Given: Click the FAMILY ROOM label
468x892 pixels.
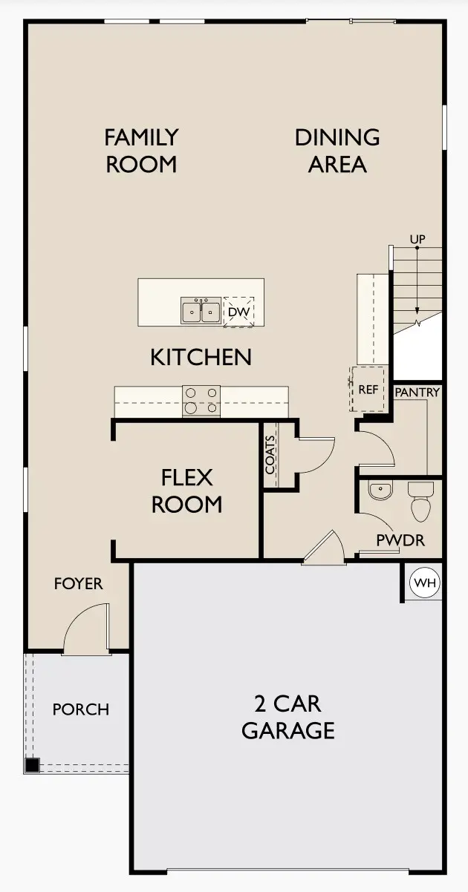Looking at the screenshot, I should pyautogui.click(x=141, y=150).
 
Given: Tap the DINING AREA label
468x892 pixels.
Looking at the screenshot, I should pyautogui.click(x=337, y=150).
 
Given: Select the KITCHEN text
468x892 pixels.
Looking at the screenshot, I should pyautogui.click(x=201, y=357).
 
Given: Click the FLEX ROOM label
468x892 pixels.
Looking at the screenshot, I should pyautogui.click(x=187, y=491).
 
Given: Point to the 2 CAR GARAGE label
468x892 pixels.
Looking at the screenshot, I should pyautogui.click(x=288, y=717).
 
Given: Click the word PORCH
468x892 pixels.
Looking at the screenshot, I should pyautogui.click(x=80, y=709).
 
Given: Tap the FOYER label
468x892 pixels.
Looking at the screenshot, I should pyautogui.click(x=78, y=584).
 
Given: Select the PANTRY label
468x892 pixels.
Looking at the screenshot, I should pyautogui.click(x=417, y=392).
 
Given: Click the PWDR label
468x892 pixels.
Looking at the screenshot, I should pyautogui.click(x=400, y=540).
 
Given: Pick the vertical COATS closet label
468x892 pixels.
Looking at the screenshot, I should pyautogui.click(x=270, y=454).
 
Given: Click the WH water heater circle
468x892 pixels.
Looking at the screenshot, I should pyautogui.click(x=425, y=583).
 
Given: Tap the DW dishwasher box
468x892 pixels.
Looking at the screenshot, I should pyautogui.click(x=238, y=312).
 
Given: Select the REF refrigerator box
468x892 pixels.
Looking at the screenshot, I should pyautogui.click(x=368, y=389).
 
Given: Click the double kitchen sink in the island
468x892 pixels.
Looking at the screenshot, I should pyautogui.click(x=201, y=312).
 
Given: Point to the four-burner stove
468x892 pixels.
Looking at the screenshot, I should pyautogui.click(x=201, y=401).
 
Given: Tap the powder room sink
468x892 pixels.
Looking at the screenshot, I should pyautogui.click(x=380, y=490).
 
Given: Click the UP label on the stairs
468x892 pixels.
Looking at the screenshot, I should pyautogui.click(x=417, y=239).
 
